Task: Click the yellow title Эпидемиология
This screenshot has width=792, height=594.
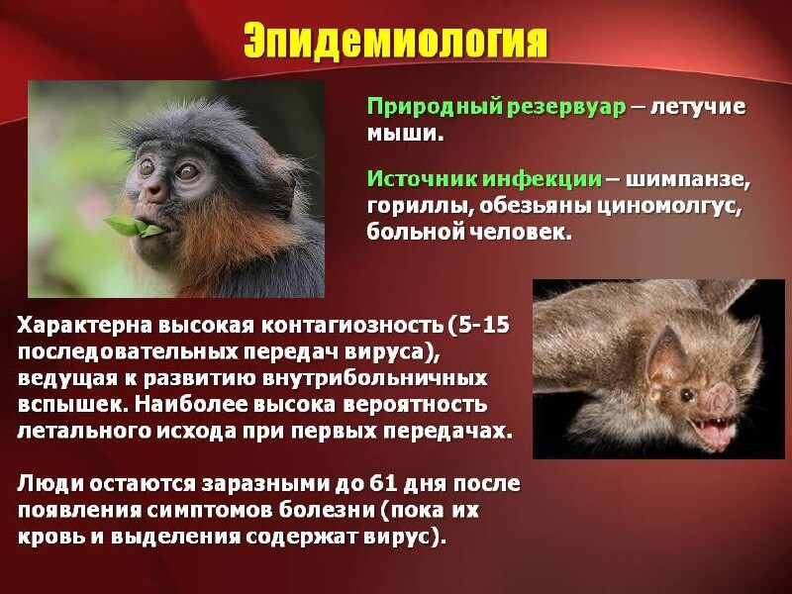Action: (395, 40)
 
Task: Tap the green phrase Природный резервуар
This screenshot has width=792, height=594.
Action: (497, 108)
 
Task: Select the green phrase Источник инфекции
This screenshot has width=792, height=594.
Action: (484, 179)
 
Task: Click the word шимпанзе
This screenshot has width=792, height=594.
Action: (687, 180)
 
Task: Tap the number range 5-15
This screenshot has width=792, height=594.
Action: (484, 325)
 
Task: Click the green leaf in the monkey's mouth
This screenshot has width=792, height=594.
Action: (134, 227)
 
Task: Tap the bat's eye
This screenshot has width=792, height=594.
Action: (687, 394)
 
